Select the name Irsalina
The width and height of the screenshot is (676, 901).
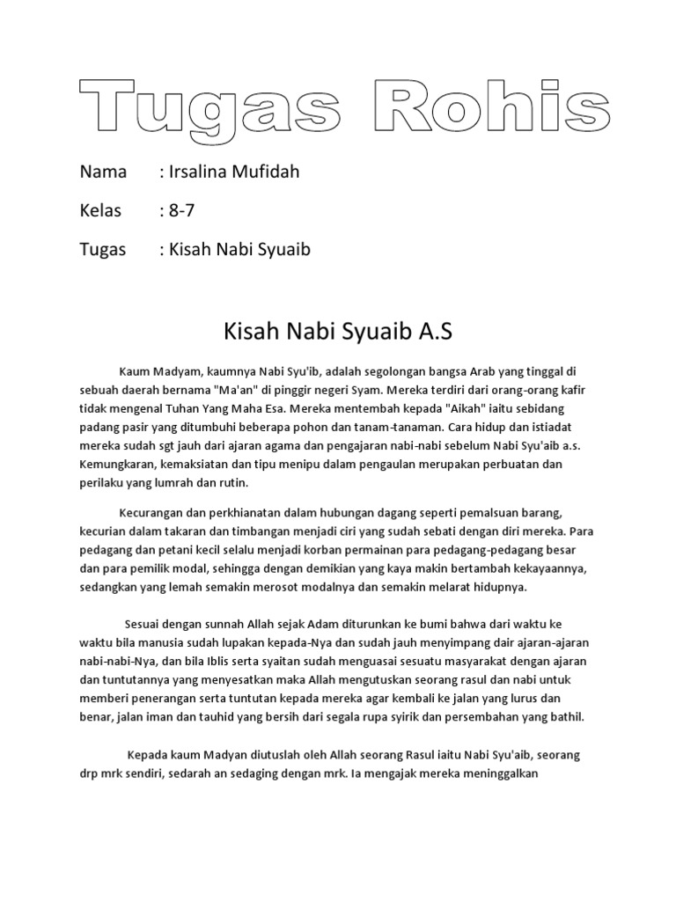(198, 172)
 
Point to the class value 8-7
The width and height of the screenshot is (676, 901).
(177, 211)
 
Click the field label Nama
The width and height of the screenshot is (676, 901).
(103, 172)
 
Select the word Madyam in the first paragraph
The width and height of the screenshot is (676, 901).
(173, 372)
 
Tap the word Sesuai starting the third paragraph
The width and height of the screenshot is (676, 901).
(146, 625)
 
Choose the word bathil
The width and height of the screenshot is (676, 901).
(563, 717)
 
